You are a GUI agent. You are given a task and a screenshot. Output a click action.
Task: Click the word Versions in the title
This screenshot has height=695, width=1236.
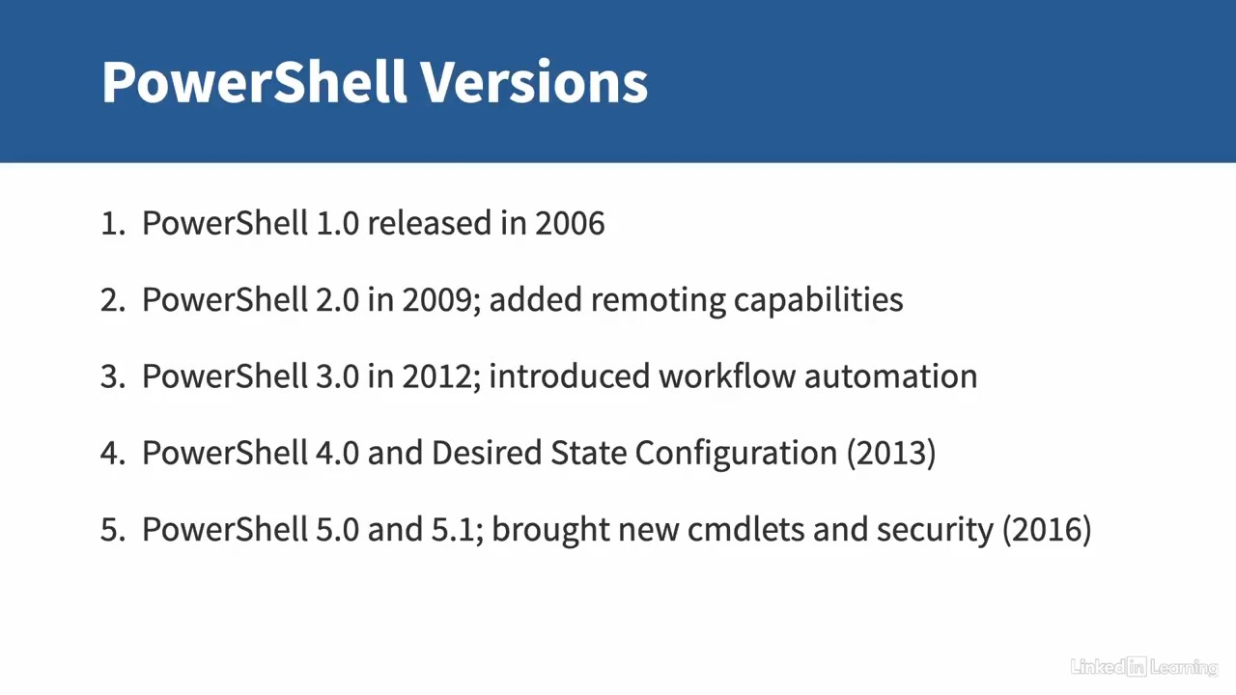[x=534, y=82]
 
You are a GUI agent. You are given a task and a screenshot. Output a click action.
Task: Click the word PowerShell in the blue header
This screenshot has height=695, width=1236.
[x=254, y=82]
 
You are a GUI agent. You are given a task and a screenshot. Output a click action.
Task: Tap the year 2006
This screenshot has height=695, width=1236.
[x=570, y=223]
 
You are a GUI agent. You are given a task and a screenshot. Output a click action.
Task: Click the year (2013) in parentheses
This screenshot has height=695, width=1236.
[x=891, y=454]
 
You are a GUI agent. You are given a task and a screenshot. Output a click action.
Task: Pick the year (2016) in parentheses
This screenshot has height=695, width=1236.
[x=1047, y=530]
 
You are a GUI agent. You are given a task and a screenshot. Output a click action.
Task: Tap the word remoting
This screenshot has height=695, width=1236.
[x=658, y=301]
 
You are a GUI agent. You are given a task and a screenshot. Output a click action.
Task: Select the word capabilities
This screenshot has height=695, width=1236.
[x=818, y=301]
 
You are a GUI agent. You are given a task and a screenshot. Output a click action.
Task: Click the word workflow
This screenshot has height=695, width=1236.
[x=727, y=376]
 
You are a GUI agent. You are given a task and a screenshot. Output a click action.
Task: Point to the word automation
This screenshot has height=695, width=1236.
[x=890, y=377]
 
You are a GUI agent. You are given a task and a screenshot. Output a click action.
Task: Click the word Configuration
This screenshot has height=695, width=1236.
[x=736, y=455]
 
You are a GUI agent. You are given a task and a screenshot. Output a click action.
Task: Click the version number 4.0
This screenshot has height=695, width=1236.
[x=337, y=454]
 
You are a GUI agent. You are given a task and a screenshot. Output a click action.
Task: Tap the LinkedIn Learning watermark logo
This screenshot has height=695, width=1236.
[x=1144, y=667]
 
